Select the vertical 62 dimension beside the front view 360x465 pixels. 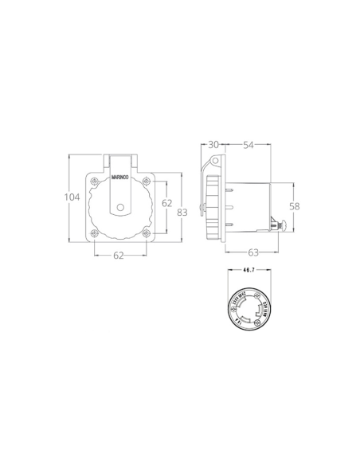pyautogui.click(x=167, y=204)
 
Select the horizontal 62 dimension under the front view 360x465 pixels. pyautogui.click(x=119, y=256)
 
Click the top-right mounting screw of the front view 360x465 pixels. pyautogui.click(x=147, y=180)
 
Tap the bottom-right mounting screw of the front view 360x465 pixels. pyautogui.click(x=147, y=233)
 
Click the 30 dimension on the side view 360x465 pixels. pyautogui.click(x=213, y=145)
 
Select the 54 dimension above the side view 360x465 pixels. pyautogui.click(x=248, y=145)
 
